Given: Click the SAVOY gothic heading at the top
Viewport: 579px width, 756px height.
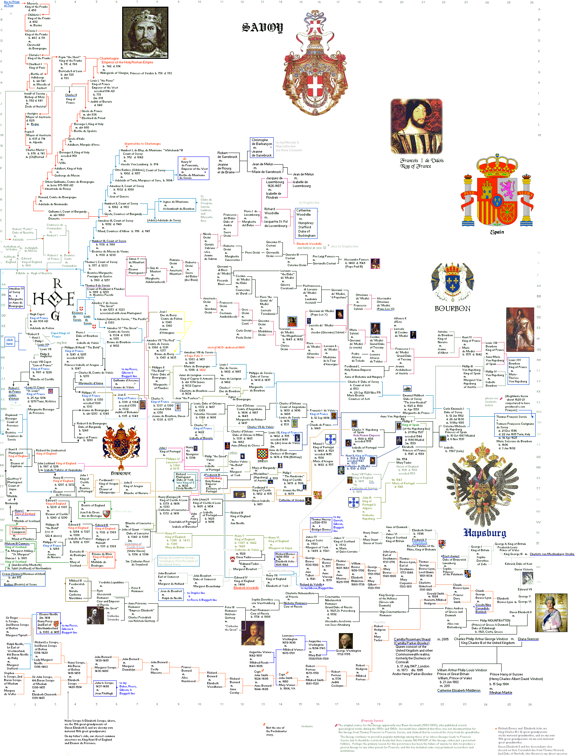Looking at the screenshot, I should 262,28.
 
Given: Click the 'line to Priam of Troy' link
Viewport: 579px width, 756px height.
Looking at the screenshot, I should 11,4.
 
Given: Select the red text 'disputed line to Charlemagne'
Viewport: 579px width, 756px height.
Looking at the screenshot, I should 142,144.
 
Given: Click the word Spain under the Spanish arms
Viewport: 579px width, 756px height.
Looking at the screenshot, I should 497,232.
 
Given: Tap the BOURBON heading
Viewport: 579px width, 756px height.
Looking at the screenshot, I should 452,308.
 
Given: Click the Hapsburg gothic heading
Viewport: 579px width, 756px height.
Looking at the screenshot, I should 485,533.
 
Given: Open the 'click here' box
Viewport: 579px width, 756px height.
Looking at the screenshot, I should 9,342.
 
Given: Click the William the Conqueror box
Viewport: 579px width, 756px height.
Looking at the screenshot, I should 18,530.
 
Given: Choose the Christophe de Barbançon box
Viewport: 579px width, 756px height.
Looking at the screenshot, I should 262,147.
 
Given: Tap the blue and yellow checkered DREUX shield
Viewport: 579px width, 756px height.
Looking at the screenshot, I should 263,454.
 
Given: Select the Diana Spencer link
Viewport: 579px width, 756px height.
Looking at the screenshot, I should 528,639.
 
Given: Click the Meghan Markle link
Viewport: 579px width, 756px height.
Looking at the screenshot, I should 501,693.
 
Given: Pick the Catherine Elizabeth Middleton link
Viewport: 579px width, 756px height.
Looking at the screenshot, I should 459,691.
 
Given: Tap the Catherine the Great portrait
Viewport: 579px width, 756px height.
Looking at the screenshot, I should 253,634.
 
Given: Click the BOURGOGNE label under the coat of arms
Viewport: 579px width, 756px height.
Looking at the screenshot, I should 121,473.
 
